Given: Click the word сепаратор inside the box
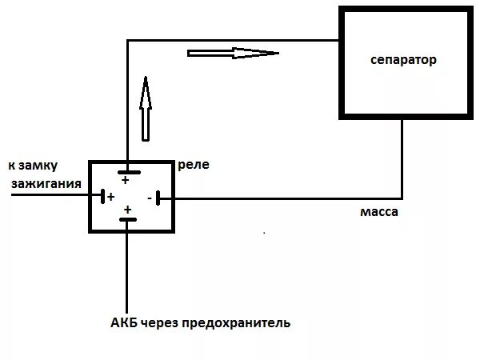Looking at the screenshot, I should click(x=403, y=61).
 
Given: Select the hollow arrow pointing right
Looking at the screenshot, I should click(x=233, y=54).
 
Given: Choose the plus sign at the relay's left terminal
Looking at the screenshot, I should click(x=110, y=197).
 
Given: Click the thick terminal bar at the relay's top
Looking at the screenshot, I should click(x=127, y=171).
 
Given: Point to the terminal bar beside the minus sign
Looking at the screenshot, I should click(x=158, y=198).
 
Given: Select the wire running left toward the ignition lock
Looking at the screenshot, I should click(x=48, y=197).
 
